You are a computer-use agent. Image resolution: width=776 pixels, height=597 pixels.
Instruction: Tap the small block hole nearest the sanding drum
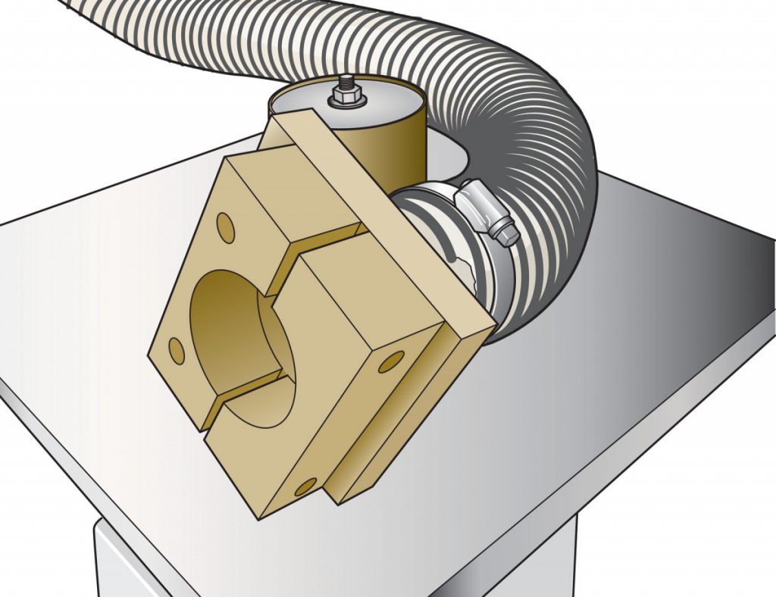pyautogui.click(x=224, y=225)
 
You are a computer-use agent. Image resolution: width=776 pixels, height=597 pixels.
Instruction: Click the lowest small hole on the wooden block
pyautogui.click(x=305, y=486)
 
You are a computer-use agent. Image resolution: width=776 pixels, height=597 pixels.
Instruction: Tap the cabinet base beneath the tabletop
pyautogui.click(x=333, y=561)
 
